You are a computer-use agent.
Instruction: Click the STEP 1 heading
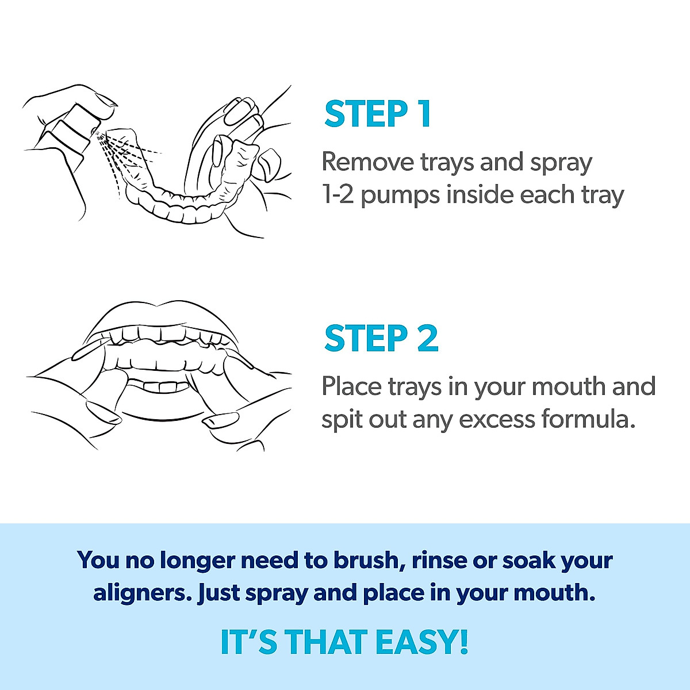[377, 114]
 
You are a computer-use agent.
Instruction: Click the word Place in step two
[351, 386]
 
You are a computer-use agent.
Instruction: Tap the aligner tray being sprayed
[184, 195]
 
